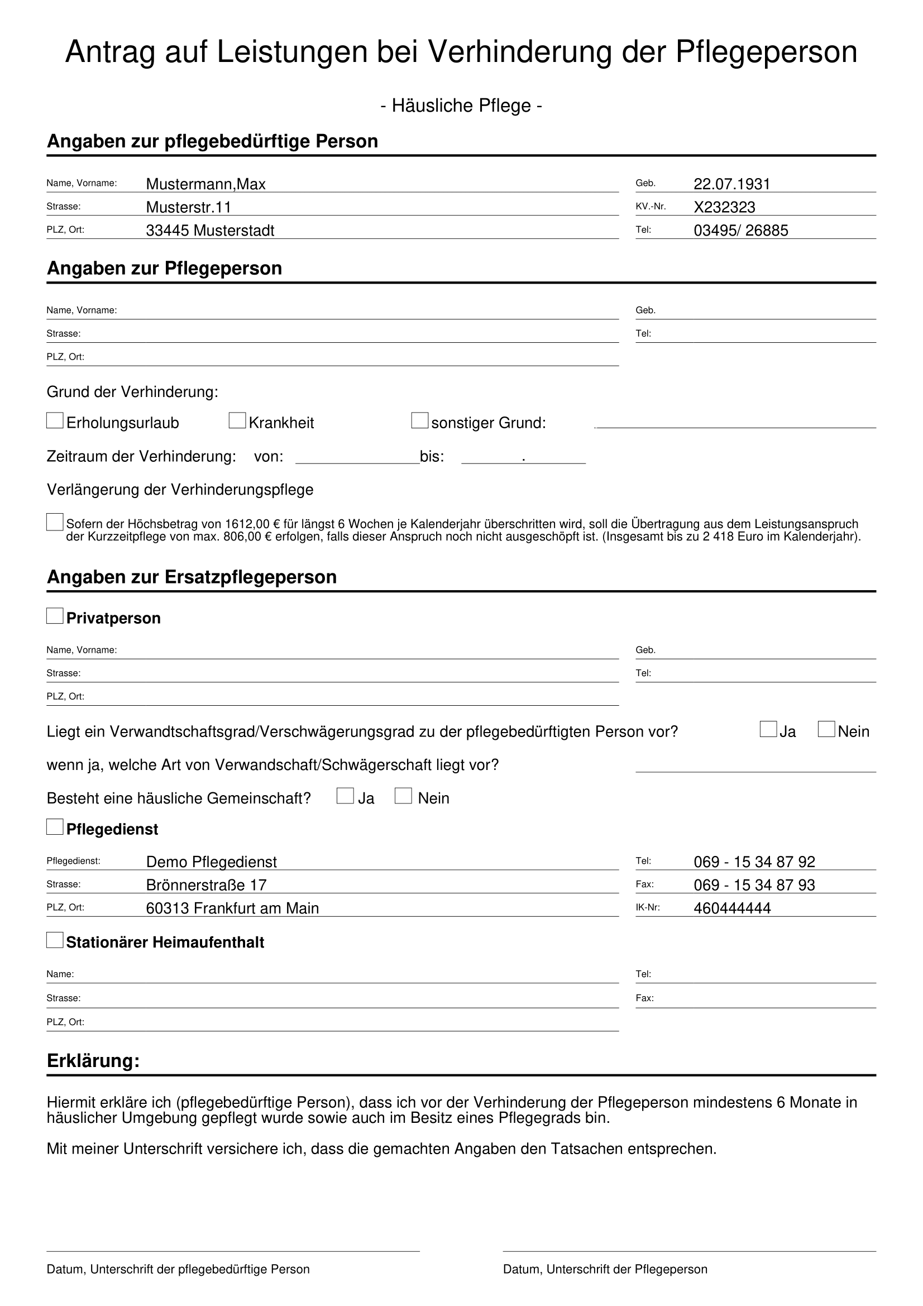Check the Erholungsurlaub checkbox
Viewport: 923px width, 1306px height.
coord(55,420)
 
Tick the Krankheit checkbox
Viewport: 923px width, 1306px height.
coord(237,420)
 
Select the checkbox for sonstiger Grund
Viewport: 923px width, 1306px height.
coord(420,420)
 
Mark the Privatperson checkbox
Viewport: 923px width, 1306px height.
coord(55,615)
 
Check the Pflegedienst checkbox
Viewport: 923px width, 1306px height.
coord(55,826)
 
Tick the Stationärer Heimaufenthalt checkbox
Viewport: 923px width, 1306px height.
coord(55,940)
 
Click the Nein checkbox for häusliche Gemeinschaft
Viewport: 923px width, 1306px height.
coord(403,796)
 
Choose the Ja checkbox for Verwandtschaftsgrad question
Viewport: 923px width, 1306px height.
coord(768,729)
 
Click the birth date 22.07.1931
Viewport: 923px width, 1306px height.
coord(731,184)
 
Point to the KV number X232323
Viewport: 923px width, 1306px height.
coord(724,207)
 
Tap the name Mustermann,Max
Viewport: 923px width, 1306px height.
coord(206,184)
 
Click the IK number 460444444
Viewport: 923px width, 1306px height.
coord(732,908)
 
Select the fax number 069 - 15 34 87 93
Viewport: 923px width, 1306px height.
coord(754,884)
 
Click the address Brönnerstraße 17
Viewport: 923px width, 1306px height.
coord(207,884)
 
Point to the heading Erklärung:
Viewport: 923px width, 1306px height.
coord(93,1061)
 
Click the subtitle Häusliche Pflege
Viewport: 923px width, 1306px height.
coord(461,105)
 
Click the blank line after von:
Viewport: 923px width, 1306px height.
coord(357,458)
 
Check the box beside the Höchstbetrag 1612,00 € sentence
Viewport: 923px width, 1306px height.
coord(55,522)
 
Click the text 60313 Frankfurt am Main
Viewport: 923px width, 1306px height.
coord(232,908)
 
